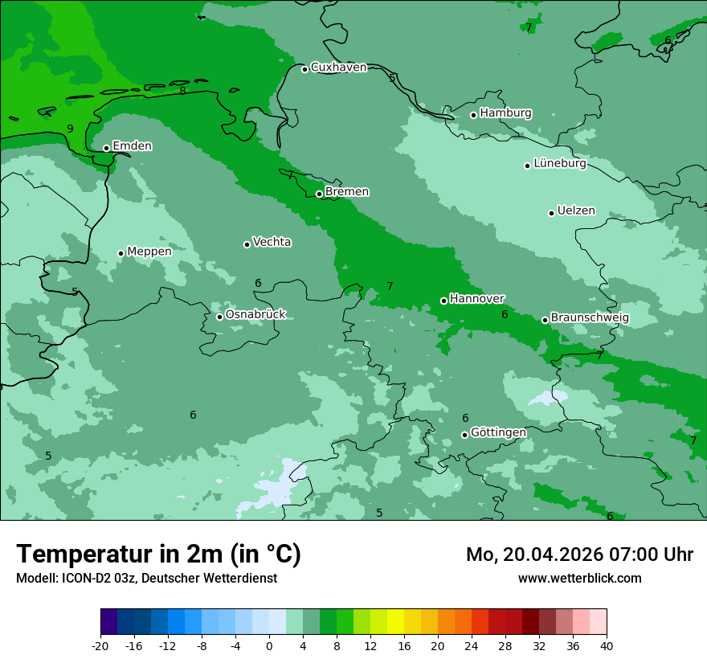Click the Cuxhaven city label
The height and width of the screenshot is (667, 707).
pyautogui.click(x=338, y=68)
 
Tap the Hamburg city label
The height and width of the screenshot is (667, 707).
pyautogui.click(x=505, y=113)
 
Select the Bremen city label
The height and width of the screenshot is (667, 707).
pyautogui.click(x=347, y=192)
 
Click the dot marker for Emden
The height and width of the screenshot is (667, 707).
pyautogui.click(x=106, y=148)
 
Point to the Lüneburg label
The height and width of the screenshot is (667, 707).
pyautogui.click(x=560, y=164)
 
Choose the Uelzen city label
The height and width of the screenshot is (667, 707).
pyautogui.click(x=576, y=211)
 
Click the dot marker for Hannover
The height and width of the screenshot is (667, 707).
pyautogui.click(x=443, y=301)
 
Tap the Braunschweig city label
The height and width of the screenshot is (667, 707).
pyautogui.click(x=590, y=318)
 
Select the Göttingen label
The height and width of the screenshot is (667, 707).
pyautogui.click(x=498, y=433)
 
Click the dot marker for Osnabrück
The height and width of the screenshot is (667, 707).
pyautogui.click(x=219, y=317)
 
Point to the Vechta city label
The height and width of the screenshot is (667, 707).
pyautogui.click(x=272, y=242)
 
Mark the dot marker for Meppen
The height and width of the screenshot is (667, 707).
pyautogui.click(x=121, y=253)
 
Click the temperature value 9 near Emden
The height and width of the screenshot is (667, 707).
pyautogui.click(x=70, y=129)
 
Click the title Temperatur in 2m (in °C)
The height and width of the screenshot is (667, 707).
pyautogui.click(x=158, y=554)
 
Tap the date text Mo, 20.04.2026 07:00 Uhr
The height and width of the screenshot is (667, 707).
pyautogui.click(x=579, y=554)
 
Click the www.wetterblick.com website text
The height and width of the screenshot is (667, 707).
pyautogui.click(x=579, y=578)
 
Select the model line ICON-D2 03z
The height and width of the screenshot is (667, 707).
pyautogui.click(x=146, y=578)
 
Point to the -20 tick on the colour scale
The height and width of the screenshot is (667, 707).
pyautogui.click(x=100, y=645)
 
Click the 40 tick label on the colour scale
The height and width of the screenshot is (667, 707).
pyautogui.click(x=607, y=645)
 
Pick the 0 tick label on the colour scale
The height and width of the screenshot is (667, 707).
pyautogui.click(x=269, y=645)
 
